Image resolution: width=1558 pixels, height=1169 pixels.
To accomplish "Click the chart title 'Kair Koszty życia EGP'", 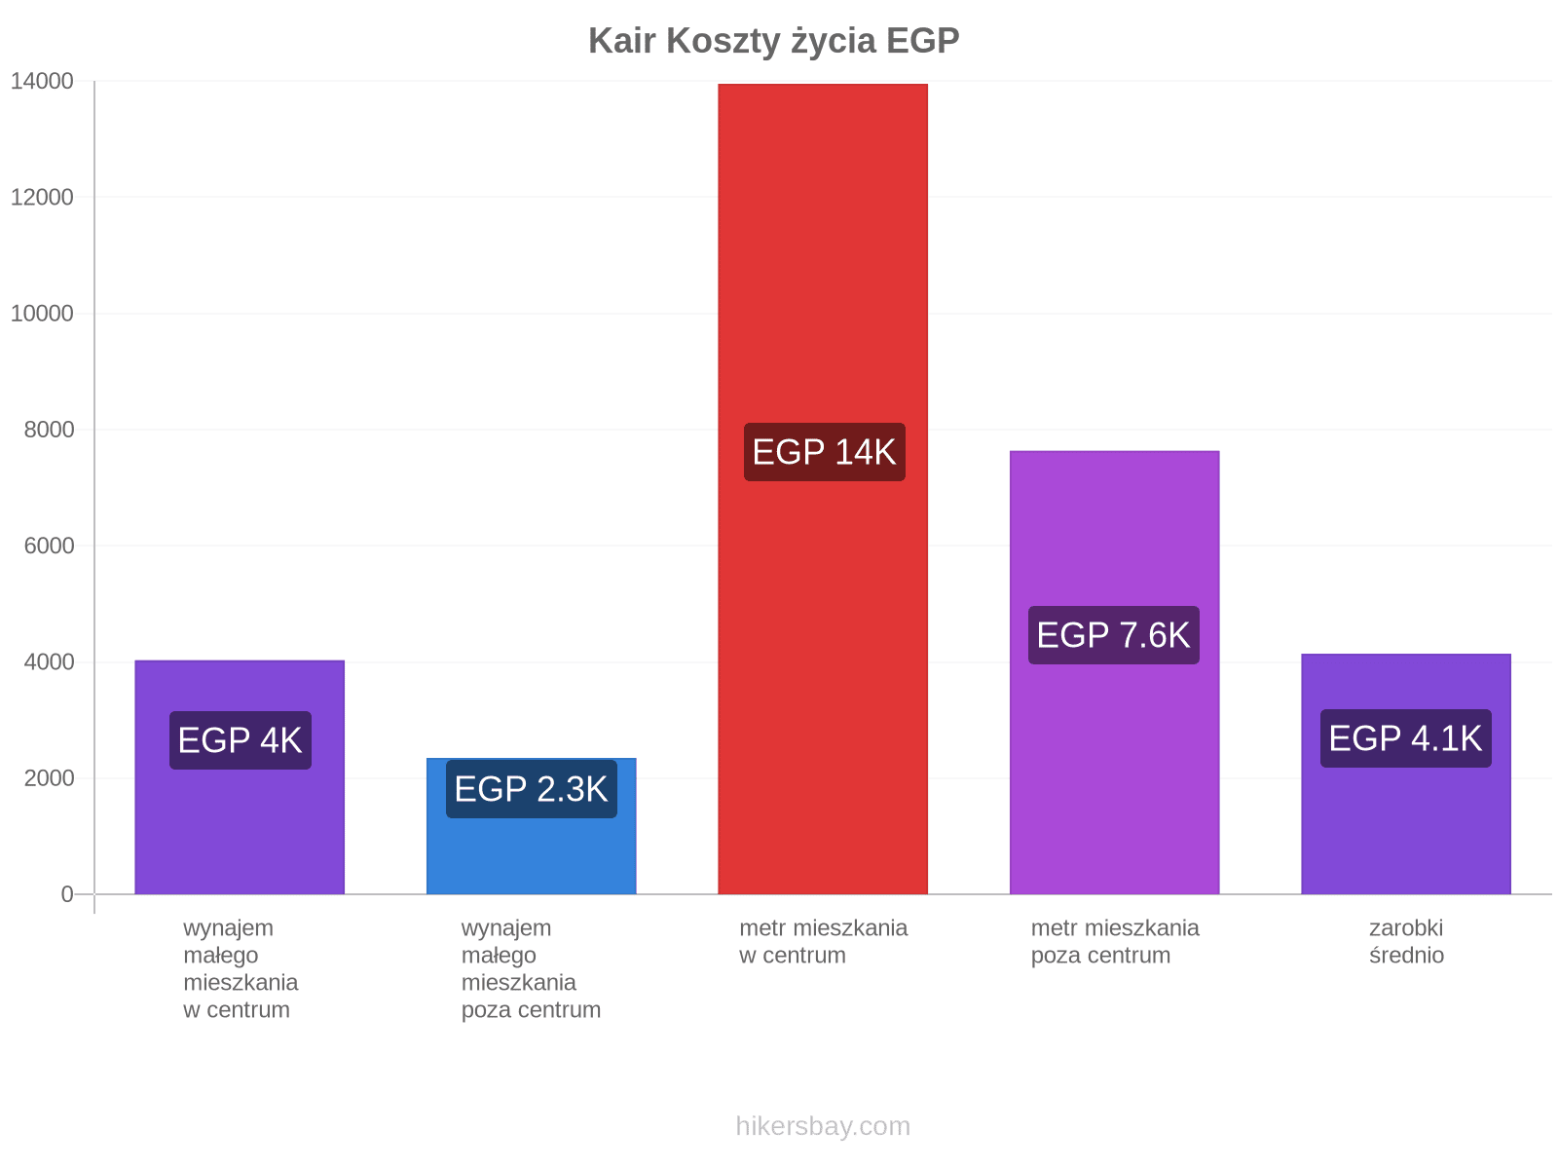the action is pyautogui.click(x=774, y=41).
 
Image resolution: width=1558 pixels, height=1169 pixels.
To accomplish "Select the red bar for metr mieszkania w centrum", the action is pyautogui.click(x=823, y=489).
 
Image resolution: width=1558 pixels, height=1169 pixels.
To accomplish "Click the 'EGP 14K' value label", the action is pyautogui.click(x=824, y=452).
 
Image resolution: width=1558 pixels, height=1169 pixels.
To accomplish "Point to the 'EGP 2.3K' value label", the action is pyautogui.click(x=531, y=789).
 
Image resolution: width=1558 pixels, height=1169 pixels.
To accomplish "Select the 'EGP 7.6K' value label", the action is pyautogui.click(x=1114, y=635).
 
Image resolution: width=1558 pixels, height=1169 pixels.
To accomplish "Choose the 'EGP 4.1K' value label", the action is pyautogui.click(x=1405, y=738).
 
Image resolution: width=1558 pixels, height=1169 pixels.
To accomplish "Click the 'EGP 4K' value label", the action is pyautogui.click(x=240, y=740).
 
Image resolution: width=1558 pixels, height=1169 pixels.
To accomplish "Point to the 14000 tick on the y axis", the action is pyautogui.click(x=42, y=81).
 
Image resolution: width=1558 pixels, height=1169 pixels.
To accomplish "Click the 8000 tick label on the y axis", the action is pyautogui.click(x=49, y=430).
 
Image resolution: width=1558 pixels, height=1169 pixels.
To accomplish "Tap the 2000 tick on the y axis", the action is pyautogui.click(x=49, y=778).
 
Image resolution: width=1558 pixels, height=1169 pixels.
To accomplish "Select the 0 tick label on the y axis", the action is pyautogui.click(x=67, y=894).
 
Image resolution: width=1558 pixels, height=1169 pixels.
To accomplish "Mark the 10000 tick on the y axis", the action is pyautogui.click(x=42, y=313).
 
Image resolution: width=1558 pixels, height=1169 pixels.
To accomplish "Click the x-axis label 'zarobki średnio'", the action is pyautogui.click(x=1406, y=941).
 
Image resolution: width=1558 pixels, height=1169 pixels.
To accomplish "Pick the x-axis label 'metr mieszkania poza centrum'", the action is pyautogui.click(x=1115, y=941).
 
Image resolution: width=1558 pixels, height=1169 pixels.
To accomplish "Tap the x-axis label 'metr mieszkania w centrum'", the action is pyautogui.click(x=824, y=941).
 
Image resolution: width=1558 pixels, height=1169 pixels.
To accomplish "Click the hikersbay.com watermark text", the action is pyautogui.click(x=823, y=1126).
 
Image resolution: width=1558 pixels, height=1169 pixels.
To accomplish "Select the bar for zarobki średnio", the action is pyautogui.click(x=1406, y=773).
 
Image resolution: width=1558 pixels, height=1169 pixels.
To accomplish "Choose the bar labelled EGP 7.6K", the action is pyautogui.click(x=1114, y=672).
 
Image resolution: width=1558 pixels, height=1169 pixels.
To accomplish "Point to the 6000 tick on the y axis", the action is pyautogui.click(x=49, y=546).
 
